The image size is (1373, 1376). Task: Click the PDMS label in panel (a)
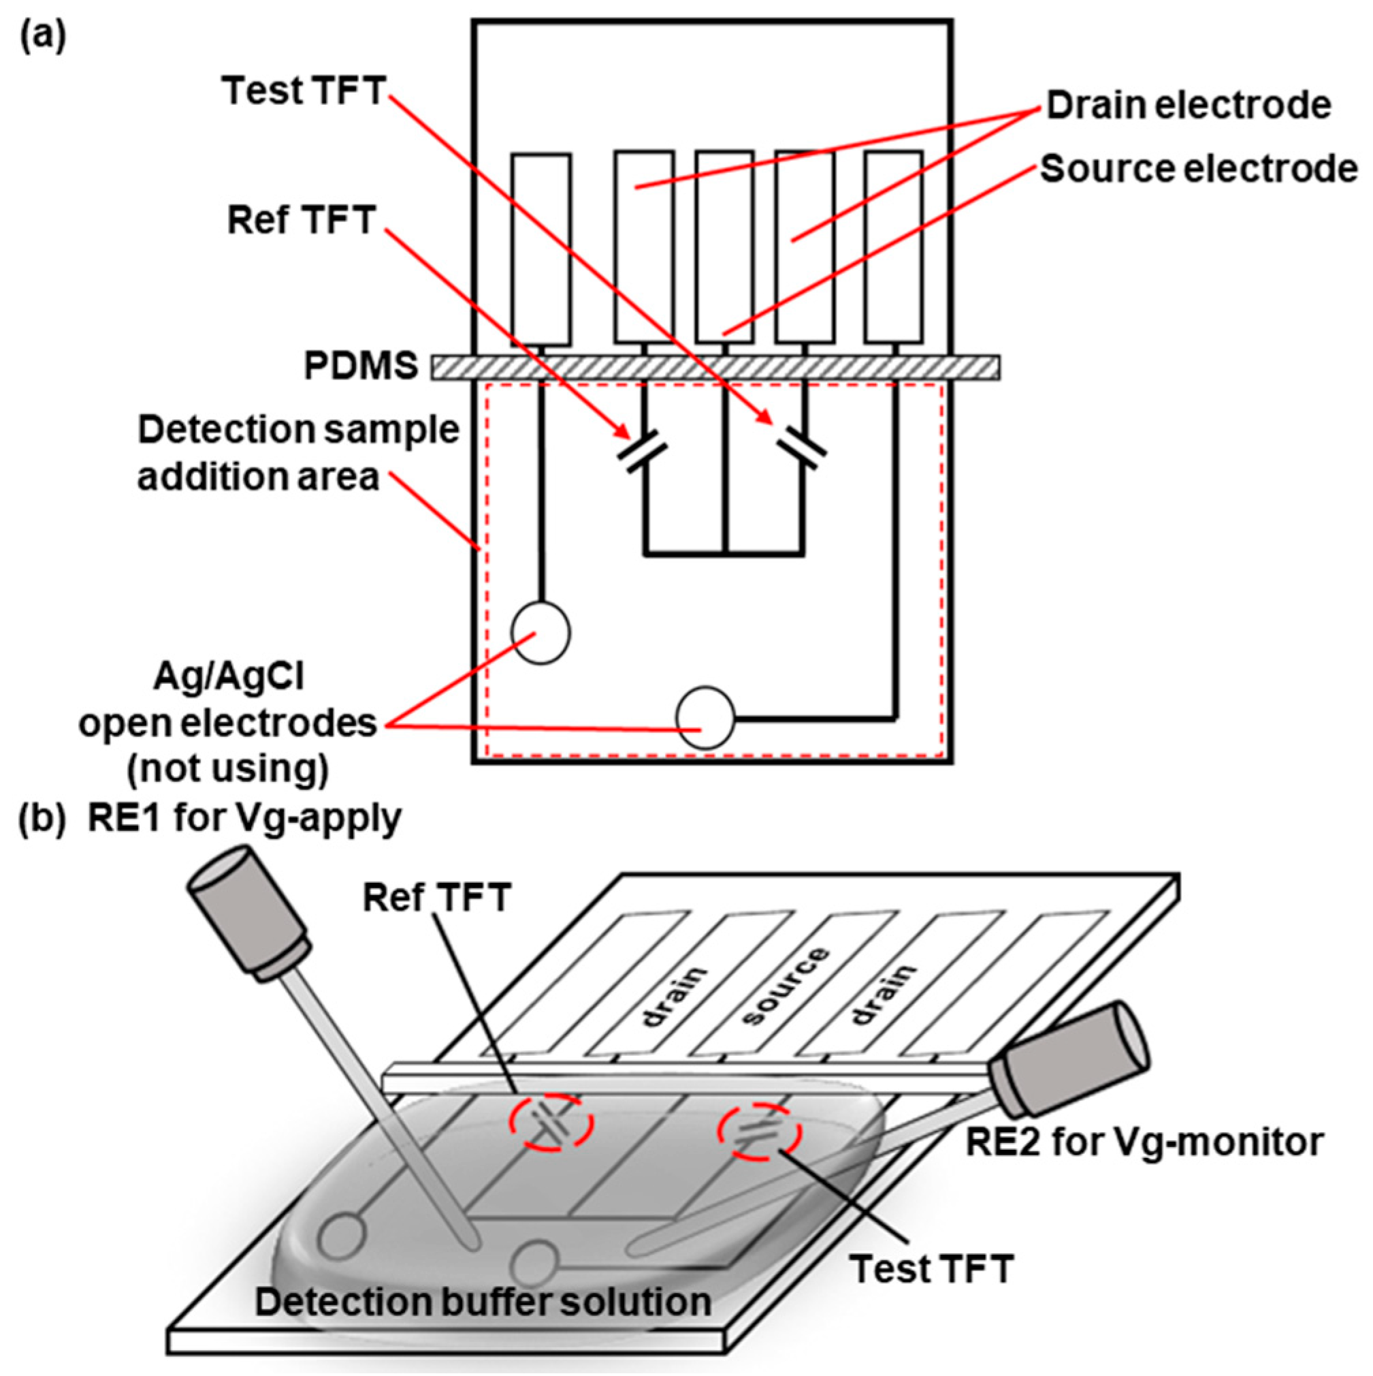361,366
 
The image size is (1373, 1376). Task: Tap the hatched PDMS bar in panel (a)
715,368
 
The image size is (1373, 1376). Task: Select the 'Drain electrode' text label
1188,106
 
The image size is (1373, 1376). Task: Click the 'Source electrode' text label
1199,170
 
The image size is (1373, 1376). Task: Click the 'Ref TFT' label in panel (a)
301,220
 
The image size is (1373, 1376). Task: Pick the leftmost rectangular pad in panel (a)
540,249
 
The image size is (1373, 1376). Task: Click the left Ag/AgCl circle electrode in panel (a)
540,632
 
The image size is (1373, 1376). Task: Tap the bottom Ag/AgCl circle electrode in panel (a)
705,717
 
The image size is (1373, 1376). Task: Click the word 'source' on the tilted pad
785,986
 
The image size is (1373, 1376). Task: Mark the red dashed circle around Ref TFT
550,1123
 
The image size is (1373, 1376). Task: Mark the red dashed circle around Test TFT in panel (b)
759,1131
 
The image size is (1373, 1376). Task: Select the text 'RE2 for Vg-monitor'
1144,1142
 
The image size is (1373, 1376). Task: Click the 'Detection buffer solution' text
483,1301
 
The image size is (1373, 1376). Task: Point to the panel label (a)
42,35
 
